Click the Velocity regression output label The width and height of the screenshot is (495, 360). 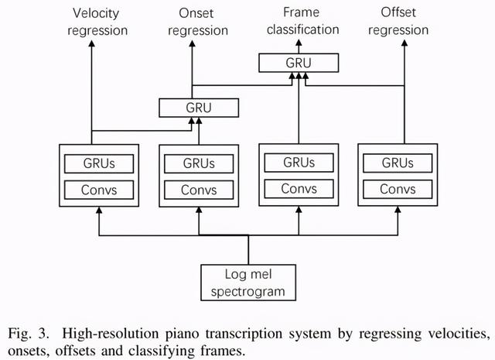pyautogui.click(x=100, y=22)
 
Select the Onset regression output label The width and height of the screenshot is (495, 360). pyautogui.click(x=199, y=22)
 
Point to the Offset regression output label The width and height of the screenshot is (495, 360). pyautogui.click(x=405, y=22)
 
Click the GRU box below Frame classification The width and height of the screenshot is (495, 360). pyautogui.click(x=298, y=63)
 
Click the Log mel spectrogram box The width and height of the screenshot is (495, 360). pyautogui.click(x=248, y=283)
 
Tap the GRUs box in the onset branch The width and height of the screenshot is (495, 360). pyautogui.click(x=199, y=163)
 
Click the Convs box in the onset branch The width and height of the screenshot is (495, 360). pyautogui.click(x=199, y=190)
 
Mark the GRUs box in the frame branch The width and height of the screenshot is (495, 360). pyautogui.click(x=299, y=163)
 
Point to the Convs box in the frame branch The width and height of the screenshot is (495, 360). pyautogui.click(x=299, y=189)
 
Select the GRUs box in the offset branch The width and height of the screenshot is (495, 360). pyautogui.click(x=398, y=163)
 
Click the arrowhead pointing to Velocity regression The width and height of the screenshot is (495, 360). pyautogui.click(x=93, y=46)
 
